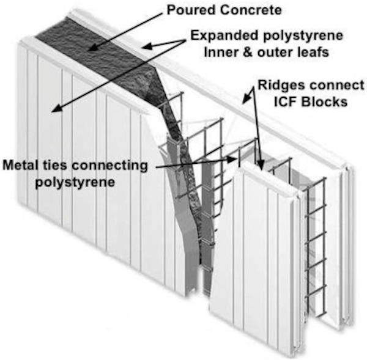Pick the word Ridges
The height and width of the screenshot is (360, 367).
click(279, 86)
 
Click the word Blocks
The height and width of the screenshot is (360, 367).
click(324, 101)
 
